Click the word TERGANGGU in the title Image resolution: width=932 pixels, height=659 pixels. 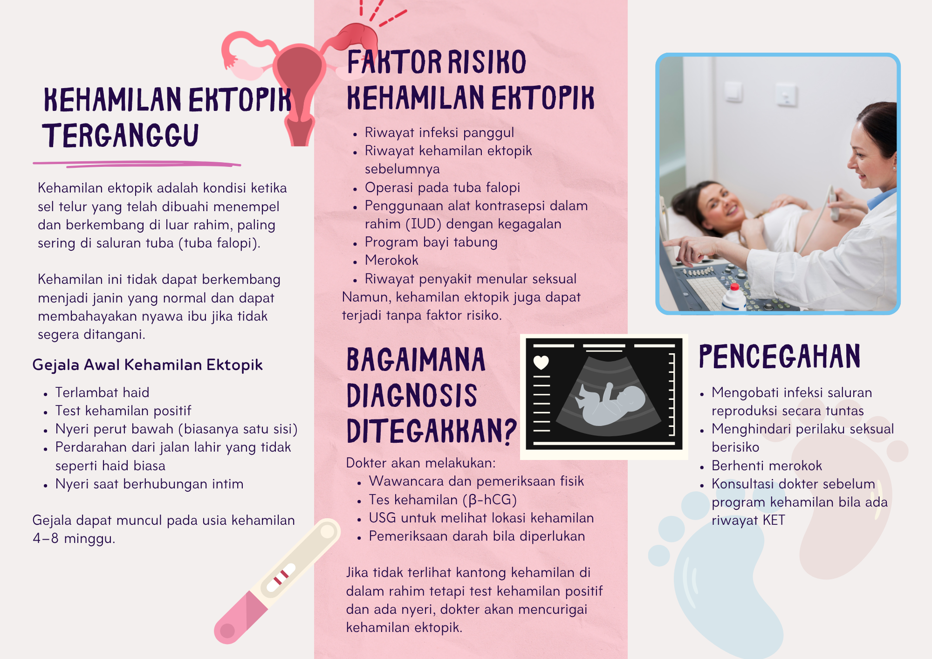point(121,136)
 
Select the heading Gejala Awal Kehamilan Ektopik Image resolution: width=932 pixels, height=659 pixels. point(147,365)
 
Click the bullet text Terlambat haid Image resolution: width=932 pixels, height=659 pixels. point(102,392)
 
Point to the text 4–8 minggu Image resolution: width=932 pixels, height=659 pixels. point(74,539)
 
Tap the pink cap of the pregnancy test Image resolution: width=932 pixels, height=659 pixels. point(240,618)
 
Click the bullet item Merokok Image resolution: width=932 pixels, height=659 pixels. point(391,260)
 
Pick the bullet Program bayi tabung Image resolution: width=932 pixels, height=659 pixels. point(431,242)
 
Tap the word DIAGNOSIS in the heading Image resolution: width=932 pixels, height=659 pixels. point(412,396)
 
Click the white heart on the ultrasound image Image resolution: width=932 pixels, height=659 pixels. point(541,362)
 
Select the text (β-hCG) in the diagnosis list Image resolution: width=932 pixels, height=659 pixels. point(490,500)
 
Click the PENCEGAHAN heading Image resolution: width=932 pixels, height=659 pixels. point(779,357)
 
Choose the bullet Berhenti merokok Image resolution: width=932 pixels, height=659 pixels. point(767,466)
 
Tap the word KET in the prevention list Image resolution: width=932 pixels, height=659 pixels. point(774,520)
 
